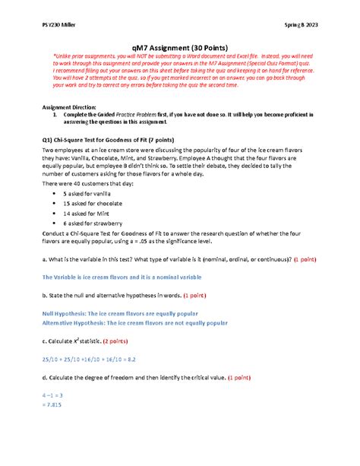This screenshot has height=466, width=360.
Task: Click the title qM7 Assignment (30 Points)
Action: [180, 44]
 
